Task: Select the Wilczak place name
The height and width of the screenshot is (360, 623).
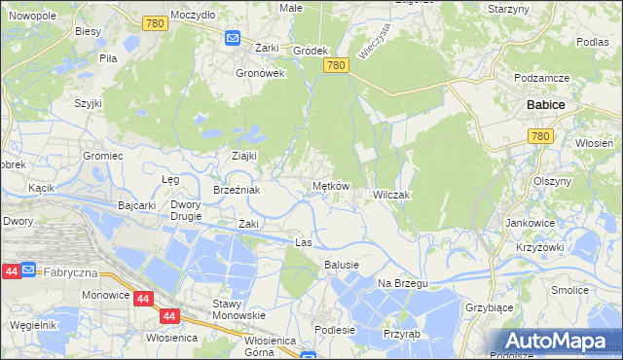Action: (392, 196)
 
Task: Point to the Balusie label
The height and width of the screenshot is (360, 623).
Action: (342, 265)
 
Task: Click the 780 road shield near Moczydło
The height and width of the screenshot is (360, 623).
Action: (152, 23)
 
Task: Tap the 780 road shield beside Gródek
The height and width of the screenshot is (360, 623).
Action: (337, 65)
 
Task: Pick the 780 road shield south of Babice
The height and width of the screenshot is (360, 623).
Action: (543, 138)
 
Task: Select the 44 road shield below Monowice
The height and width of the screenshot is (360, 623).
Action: (169, 316)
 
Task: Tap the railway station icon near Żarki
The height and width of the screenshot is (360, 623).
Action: (233, 38)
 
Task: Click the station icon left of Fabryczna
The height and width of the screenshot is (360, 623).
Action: (30, 270)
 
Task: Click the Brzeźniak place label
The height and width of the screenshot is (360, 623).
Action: (237, 191)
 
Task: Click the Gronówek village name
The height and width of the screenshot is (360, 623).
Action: (260, 73)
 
